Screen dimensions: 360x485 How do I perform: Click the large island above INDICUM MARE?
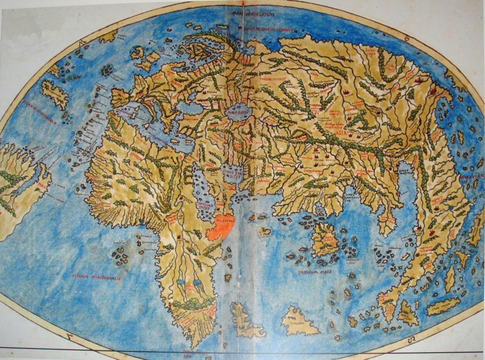click(325, 238)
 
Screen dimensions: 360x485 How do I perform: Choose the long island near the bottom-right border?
click(442, 306)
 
